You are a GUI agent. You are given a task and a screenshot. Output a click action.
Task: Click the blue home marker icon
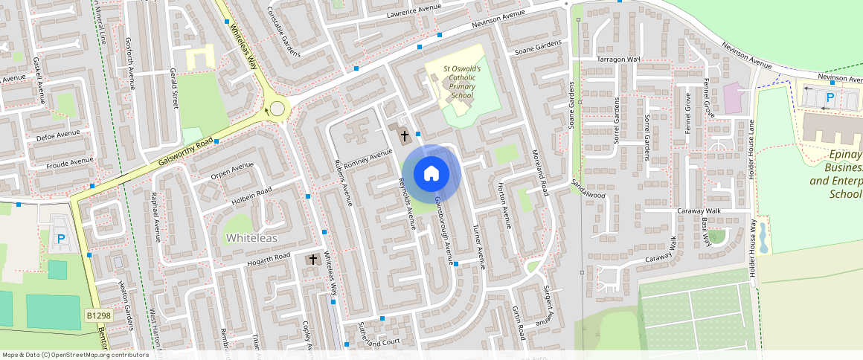431,174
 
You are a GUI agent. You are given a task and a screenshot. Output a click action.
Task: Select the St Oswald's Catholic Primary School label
462,82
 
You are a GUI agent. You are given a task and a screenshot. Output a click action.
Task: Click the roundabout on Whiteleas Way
277,109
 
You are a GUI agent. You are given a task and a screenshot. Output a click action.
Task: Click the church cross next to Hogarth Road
313,260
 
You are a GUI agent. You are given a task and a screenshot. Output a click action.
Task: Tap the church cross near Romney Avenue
405,136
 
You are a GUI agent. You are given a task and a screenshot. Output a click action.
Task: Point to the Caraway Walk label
699,211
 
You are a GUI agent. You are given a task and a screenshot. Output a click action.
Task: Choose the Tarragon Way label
618,59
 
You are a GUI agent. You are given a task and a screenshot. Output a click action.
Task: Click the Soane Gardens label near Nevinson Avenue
537,48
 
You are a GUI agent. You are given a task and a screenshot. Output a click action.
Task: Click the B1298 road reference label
97,316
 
